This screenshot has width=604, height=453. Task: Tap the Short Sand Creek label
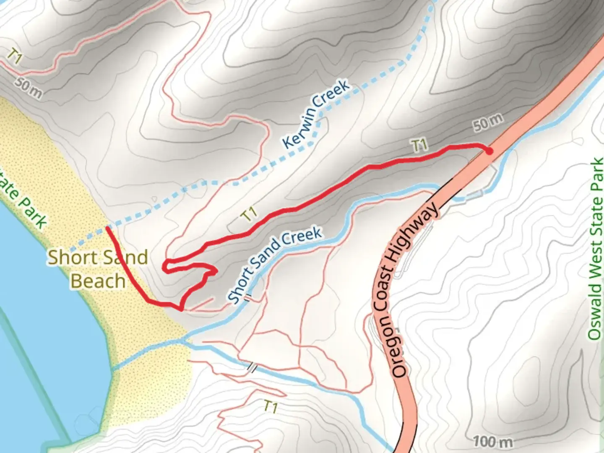275,265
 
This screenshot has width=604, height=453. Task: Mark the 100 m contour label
493,441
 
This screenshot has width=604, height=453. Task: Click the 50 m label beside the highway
488,123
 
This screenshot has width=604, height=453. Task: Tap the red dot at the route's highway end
489,151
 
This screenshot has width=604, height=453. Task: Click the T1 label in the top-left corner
15,57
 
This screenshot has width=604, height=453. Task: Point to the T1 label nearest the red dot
419,146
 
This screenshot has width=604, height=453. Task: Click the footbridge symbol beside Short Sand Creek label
248,298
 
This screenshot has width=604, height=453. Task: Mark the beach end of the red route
108,228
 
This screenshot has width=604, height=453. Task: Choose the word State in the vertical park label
595,213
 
